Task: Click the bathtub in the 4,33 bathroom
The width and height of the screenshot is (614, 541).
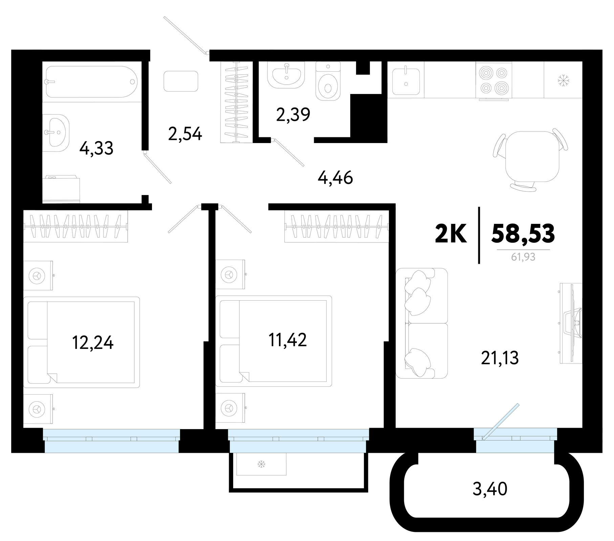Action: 91,81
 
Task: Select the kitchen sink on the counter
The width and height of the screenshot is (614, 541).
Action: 406,81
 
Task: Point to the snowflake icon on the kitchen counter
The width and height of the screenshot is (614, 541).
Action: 564,80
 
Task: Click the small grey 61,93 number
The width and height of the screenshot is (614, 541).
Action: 523,257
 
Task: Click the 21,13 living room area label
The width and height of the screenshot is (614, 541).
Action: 500,358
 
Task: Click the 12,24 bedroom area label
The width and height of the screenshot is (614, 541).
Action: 93,342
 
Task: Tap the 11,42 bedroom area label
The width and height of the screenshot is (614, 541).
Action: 287,340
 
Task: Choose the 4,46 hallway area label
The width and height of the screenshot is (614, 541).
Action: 335,178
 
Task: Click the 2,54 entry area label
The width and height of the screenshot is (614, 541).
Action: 185,134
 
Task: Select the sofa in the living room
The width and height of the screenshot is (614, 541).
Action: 422,323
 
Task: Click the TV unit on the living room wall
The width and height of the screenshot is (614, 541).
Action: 571,323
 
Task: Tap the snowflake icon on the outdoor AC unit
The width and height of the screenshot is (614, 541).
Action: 261,464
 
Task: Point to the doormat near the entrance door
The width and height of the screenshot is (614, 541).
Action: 181,81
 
